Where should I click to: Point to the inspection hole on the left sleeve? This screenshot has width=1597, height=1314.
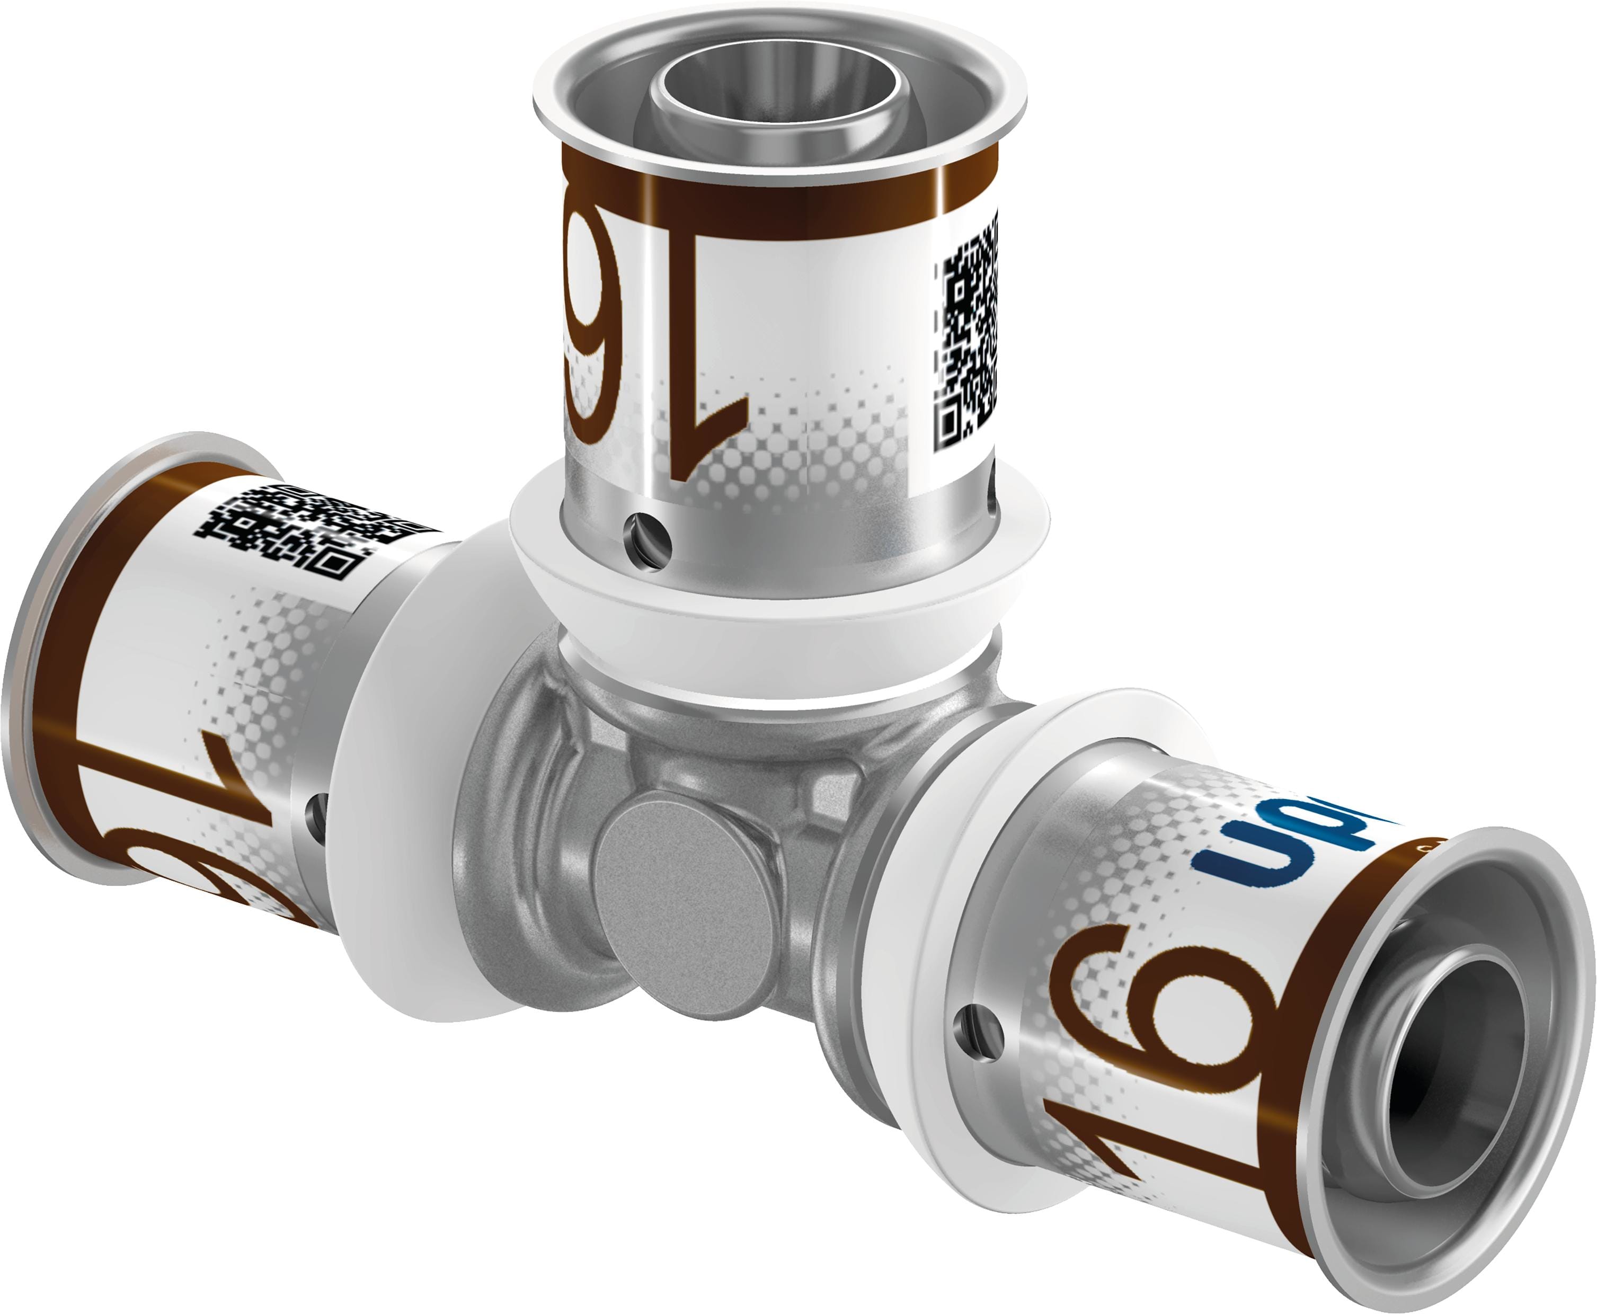pos(316,814)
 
